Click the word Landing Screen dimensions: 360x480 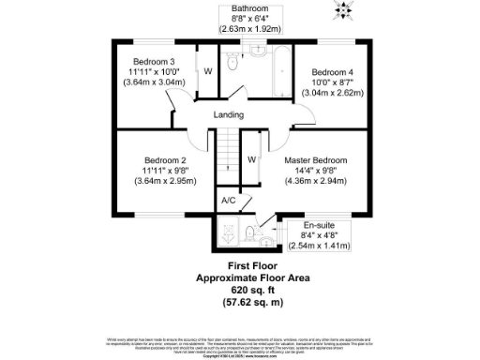point(229,115)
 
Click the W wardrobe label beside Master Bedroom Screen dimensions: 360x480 point(251,159)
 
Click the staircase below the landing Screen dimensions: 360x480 point(226,155)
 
